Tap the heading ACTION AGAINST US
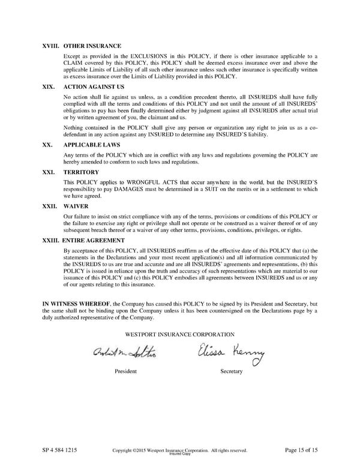94,86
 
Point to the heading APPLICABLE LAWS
91,145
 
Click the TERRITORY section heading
82,171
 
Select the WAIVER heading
76,205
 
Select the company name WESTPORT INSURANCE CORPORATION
180,334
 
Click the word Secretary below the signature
232,372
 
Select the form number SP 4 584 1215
59,450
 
